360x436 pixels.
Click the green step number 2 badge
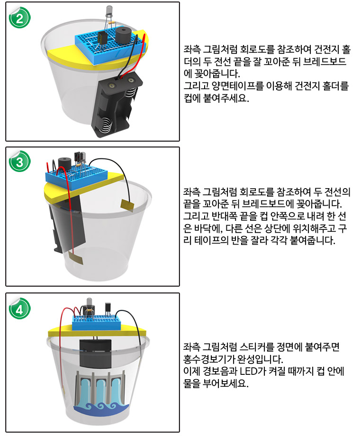pyautogui.click(x=19, y=18)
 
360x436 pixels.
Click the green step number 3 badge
pyautogui.click(x=19, y=161)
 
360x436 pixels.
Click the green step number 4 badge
pyautogui.click(x=19, y=309)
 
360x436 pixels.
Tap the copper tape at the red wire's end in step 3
pyautogui.click(x=76, y=258)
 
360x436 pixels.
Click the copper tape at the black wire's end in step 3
pyautogui.click(x=127, y=205)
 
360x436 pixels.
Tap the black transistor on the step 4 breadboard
pyautogui.click(x=108, y=308)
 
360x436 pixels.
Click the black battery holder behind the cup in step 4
pyautogui.click(x=95, y=353)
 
